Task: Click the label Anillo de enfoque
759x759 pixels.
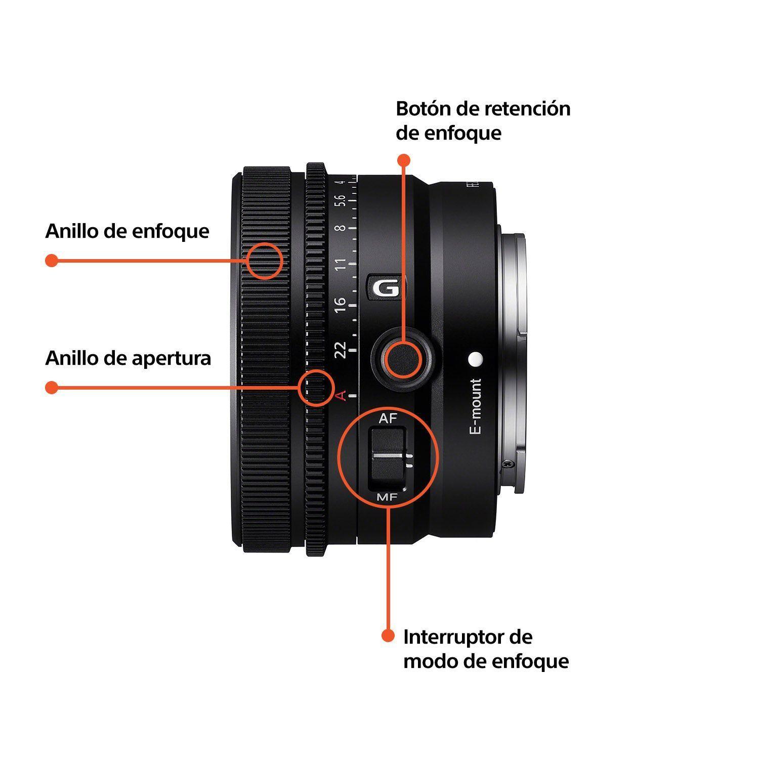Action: click(127, 231)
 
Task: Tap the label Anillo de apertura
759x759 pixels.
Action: click(128, 358)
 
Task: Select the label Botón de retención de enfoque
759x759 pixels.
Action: click(483, 120)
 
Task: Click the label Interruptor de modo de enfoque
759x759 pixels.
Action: click(486, 649)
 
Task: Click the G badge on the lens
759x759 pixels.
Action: click(387, 288)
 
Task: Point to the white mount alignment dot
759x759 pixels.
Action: click(476, 359)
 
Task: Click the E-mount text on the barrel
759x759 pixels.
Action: click(476, 406)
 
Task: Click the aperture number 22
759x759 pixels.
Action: click(341, 349)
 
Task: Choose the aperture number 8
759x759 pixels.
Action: click(342, 228)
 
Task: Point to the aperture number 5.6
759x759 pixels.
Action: click(342, 201)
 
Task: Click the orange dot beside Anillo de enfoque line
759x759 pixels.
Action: click(51, 261)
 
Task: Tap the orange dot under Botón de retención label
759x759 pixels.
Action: click(403, 160)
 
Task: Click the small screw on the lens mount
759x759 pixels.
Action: click(506, 463)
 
